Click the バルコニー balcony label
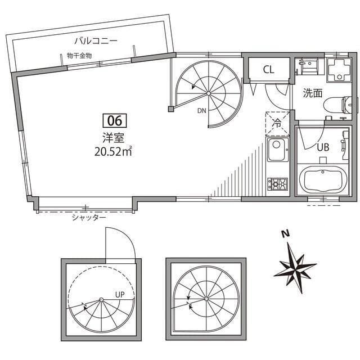pyautogui.click(x=96, y=41)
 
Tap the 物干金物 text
pyautogui.click(x=79, y=56)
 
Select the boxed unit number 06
pyautogui.click(x=115, y=120)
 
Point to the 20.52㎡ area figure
pyautogui.click(x=113, y=151)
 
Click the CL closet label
pyautogui.click(x=269, y=69)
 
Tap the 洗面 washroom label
pyautogui.click(x=313, y=93)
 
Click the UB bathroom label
pyautogui.click(x=323, y=147)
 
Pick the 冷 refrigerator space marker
pyautogui.click(x=277, y=124)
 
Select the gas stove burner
pyautogui.click(x=277, y=184)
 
